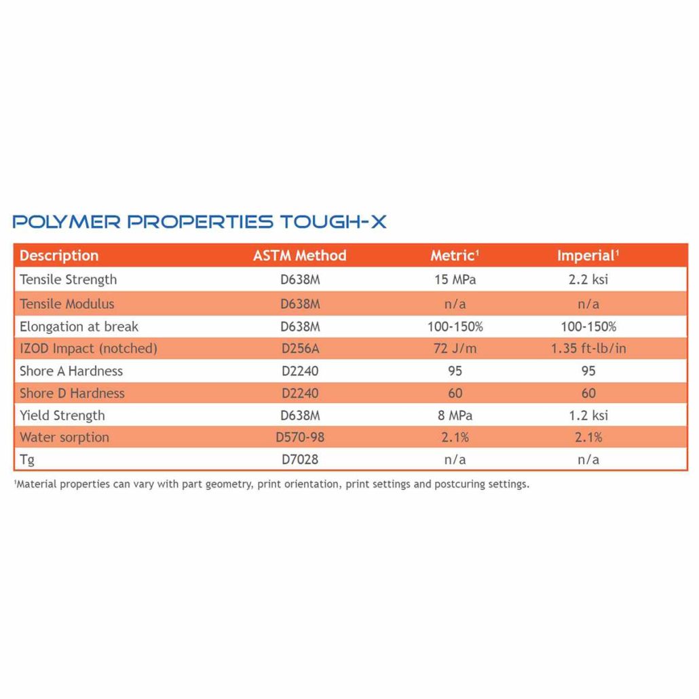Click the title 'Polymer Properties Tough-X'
[x=200, y=222]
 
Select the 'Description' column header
[x=59, y=256]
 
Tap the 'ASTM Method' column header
[x=299, y=256]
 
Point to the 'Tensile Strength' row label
[x=68, y=280]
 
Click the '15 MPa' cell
[x=455, y=280]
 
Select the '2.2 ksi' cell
[x=588, y=280]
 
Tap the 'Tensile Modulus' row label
[x=67, y=303]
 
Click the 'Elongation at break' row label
[x=79, y=326]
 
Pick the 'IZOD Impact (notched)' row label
[x=88, y=349]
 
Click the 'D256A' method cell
[x=300, y=349]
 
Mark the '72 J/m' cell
[x=455, y=349]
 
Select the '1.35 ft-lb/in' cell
[x=588, y=349]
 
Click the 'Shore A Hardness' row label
[x=72, y=371]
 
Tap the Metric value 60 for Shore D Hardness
[x=455, y=393]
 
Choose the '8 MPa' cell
[x=455, y=415]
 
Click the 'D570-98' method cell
[x=300, y=438]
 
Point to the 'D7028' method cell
[x=300, y=459]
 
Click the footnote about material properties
[x=271, y=485]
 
